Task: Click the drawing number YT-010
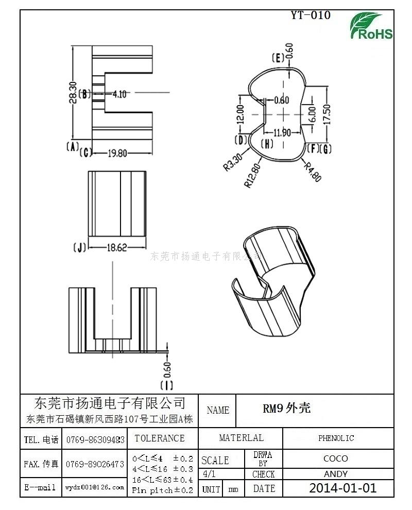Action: (311, 15)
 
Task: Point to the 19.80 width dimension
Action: (117, 152)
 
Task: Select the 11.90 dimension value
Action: (282, 132)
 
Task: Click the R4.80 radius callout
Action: (313, 172)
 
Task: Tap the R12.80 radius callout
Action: (254, 175)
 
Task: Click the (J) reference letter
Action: (79, 248)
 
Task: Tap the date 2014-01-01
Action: (342, 488)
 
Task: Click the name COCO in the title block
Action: (335, 458)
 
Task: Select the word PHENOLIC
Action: (336, 438)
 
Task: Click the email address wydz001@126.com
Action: (95, 487)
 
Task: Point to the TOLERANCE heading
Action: (159, 438)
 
